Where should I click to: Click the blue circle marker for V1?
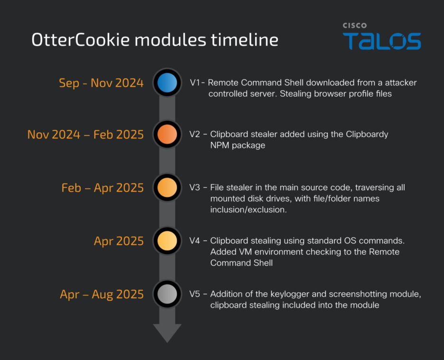click(x=167, y=83)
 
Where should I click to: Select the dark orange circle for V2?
click(x=167, y=134)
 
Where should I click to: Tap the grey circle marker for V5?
click(x=167, y=294)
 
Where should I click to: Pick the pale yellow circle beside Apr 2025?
click(x=167, y=241)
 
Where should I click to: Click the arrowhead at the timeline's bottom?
click(x=167, y=332)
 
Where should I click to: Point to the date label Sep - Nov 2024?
click(x=101, y=83)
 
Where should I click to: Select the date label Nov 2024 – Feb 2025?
click(x=85, y=135)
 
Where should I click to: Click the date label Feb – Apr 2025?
click(x=102, y=188)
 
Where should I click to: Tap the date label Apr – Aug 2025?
click(x=102, y=294)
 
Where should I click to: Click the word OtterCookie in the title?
click(x=81, y=40)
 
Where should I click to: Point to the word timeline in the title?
click(x=244, y=40)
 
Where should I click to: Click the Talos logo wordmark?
click(x=382, y=41)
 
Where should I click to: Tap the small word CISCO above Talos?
click(x=355, y=26)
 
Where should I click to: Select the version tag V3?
click(x=194, y=187)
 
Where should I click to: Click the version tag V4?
click(x=194, y=241)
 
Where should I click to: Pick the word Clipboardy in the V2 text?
click(x=367, y=134)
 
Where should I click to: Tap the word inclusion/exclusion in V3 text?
click(x=249, y=210)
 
